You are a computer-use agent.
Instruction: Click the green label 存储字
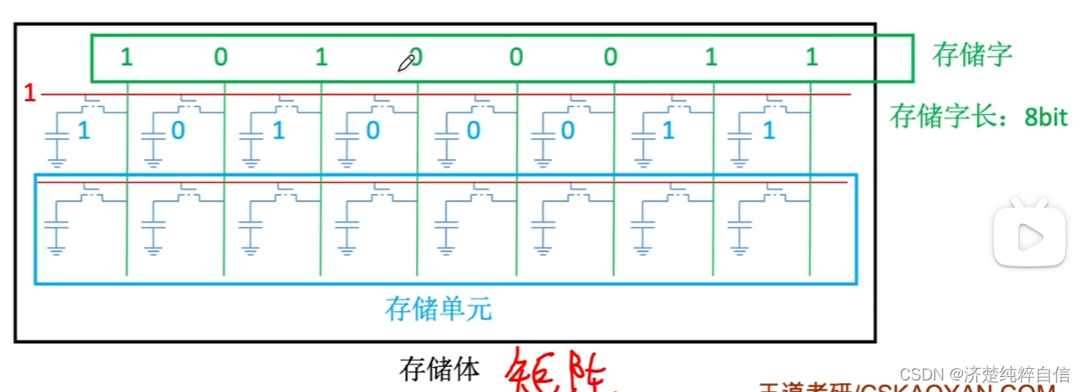(x=972, y=55)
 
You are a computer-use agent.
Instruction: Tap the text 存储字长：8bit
(x=978, y=117)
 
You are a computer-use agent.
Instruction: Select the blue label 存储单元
(x=438, y=309)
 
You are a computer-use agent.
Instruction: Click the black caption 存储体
(x=440, y=368)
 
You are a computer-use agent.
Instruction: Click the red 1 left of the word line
(x=29, y=94)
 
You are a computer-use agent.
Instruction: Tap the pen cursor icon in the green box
(x=407, y=61)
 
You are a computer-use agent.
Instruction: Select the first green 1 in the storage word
(x=126, y=58)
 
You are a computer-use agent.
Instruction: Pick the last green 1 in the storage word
(x=811, y=58)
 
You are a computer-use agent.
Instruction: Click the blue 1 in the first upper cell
(x=85, y=131)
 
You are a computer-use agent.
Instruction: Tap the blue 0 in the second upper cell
(x=178, y=131)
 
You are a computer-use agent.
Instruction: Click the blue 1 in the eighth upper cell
(x=769, y=131)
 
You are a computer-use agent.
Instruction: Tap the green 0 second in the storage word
(x=221, y=58)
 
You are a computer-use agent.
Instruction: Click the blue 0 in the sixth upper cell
(x=568, y=131)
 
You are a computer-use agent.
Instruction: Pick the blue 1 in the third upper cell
(x=278, y=131)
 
